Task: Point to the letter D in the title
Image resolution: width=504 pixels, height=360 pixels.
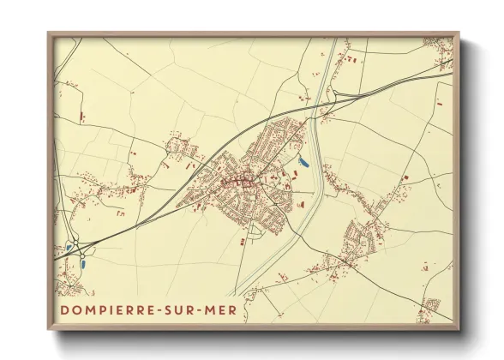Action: pyautogui.click(x=65, y=307)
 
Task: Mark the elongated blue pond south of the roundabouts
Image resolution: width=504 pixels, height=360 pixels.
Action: pyautogui.click(x=84, y=263)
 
